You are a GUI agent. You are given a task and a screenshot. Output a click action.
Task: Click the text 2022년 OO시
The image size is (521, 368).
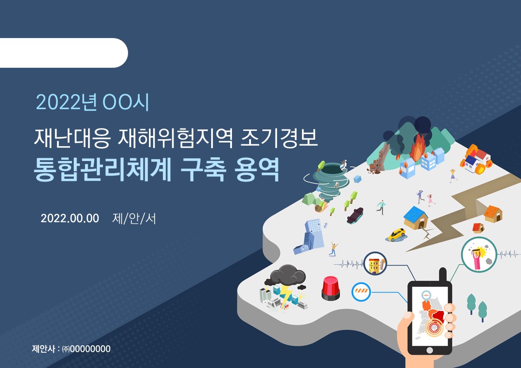[92, 102]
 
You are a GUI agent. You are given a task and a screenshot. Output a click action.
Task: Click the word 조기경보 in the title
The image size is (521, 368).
[279, 138]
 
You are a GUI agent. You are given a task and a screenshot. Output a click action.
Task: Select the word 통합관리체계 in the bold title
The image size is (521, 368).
[103, 169]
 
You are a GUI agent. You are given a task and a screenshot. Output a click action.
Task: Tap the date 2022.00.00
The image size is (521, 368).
[70, 219]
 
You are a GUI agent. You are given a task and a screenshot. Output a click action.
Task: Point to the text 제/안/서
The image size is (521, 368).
[134, 219]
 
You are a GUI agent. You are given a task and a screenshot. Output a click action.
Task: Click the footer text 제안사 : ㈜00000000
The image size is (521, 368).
[71, 349]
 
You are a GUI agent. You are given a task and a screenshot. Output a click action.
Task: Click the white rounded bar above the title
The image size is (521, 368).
[63, 53]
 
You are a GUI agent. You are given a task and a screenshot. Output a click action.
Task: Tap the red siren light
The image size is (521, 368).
[331, 288]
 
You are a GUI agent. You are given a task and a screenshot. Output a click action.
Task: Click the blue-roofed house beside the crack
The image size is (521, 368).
[415, 218]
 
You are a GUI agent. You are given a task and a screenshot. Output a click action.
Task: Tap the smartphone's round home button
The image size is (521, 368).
[429, 350]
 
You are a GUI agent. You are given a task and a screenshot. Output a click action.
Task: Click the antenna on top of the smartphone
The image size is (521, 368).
[443, 275]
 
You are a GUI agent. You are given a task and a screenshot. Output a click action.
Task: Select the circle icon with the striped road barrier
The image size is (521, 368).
[361, 292]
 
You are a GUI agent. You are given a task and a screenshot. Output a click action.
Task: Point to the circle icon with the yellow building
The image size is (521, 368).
[375, 264]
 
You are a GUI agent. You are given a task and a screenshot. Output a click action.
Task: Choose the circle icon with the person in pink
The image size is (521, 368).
[479, 255]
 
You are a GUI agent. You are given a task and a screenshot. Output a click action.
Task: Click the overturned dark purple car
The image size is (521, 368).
[355, 215]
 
